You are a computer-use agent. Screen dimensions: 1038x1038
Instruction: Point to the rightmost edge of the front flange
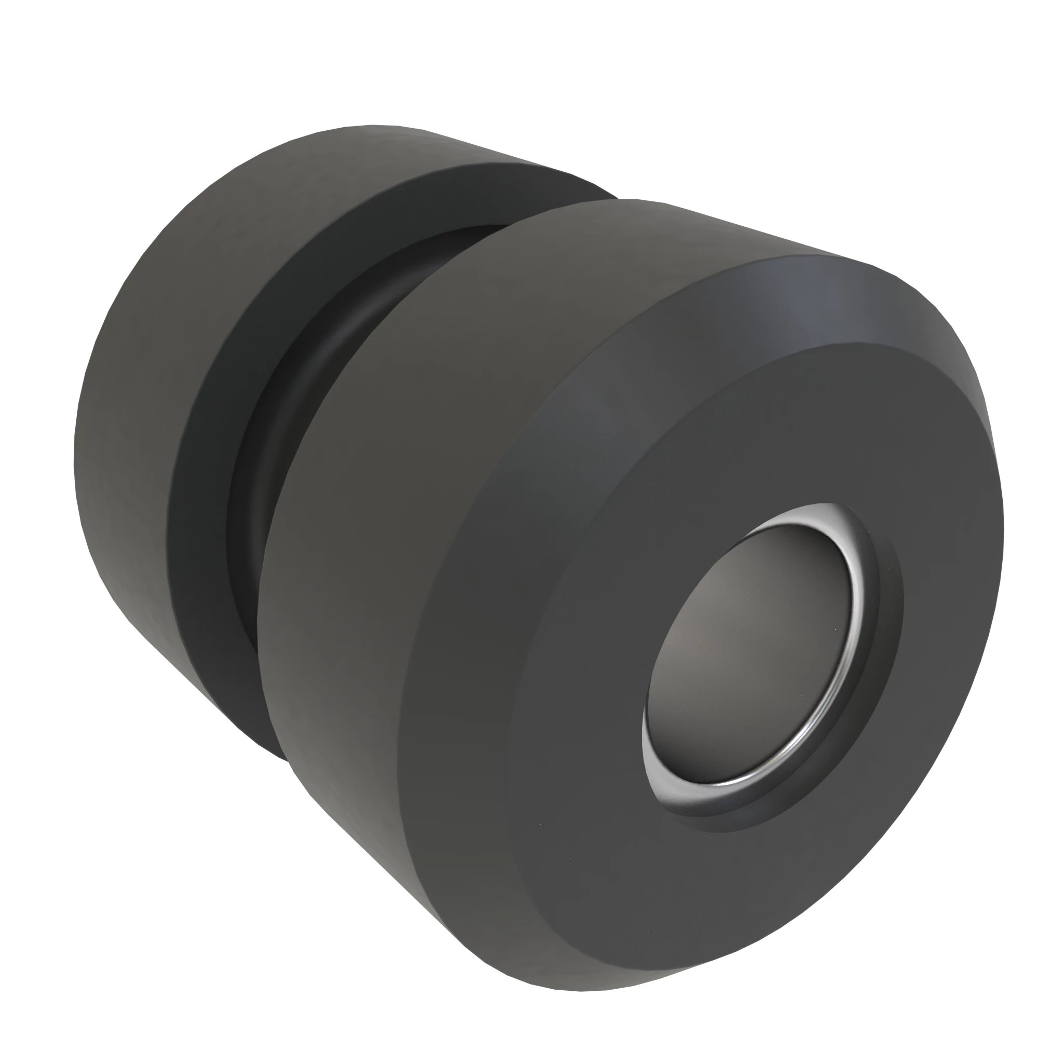tap(1003, 526)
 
